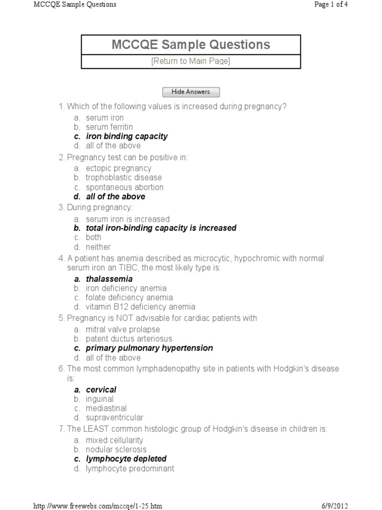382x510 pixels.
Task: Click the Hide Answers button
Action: click(191, 92)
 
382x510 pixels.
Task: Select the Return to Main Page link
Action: click(191, 61)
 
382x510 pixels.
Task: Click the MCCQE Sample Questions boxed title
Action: click(191, 44)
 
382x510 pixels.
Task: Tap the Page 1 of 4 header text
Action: click(335, 4)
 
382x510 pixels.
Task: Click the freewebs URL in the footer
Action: click(97, 506)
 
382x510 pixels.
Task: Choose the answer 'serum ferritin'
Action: click(109, 127)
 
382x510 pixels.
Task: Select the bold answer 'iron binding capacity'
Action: click(126, 136)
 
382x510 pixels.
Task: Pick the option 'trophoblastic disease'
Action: click(123, 177)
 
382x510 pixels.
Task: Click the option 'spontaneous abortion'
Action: click(124, 187)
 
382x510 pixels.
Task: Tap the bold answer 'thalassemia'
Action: click(109, 279)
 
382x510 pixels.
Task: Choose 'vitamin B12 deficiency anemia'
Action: click(140, 307)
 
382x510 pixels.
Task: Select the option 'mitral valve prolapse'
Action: click(123, 329)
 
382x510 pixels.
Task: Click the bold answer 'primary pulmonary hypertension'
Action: click(149, 348)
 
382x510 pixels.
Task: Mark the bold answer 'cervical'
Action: click(101, 389)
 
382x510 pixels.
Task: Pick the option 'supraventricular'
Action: click(114, 417)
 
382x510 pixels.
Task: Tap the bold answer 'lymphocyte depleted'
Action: click(126, 459)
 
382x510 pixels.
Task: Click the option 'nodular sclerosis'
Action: click(116, 449)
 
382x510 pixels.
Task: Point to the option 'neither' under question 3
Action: click(98, 247)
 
